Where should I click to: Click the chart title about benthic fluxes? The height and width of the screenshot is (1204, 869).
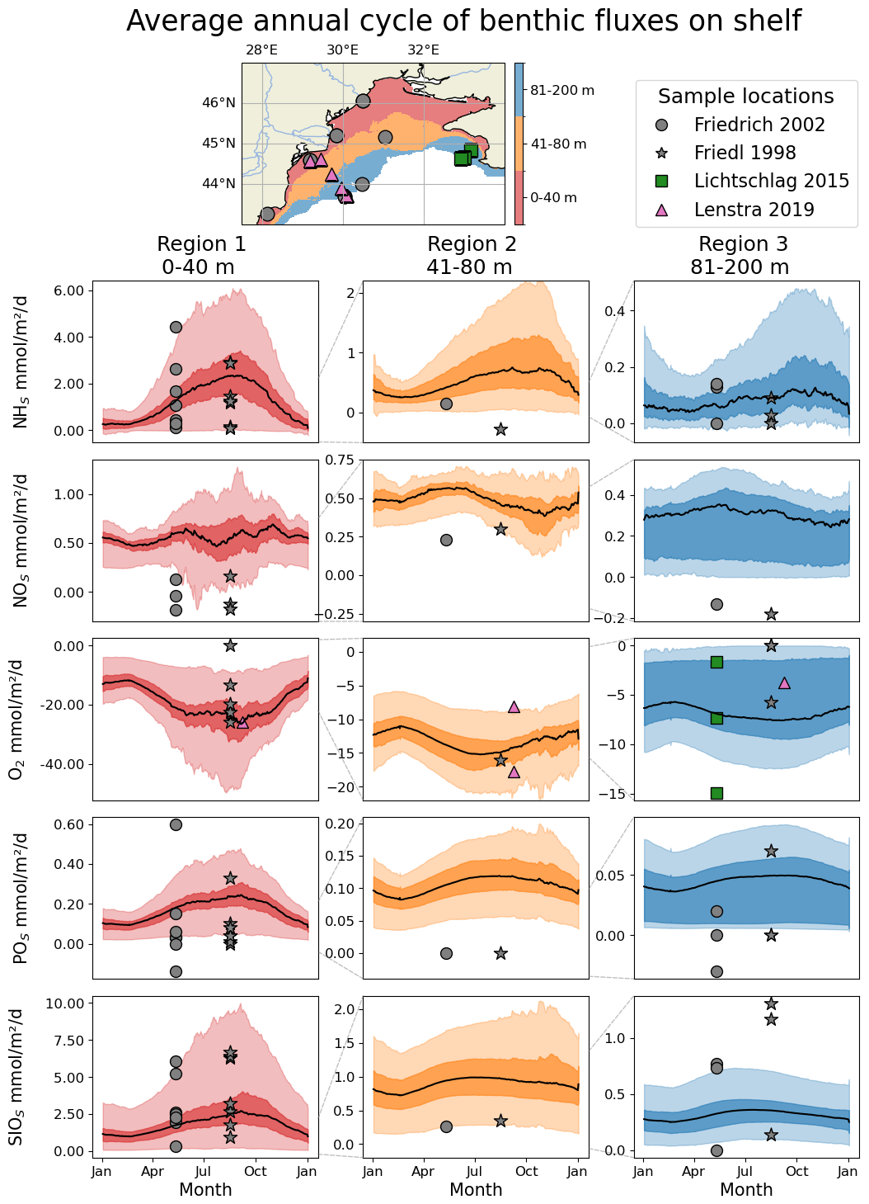(463, 21)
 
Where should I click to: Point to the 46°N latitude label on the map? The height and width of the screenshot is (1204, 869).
(219, 103)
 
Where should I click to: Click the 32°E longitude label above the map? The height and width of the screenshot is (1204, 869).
(423, 50)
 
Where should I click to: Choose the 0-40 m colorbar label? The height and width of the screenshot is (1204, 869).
(553, 198)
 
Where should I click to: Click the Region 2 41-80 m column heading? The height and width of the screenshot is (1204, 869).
(472, 256)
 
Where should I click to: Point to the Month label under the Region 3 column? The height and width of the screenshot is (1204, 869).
(746, 1190)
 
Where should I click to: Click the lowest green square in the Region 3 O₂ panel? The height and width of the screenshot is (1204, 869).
(716, 793)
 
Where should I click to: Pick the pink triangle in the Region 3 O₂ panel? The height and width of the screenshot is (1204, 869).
(784, 682)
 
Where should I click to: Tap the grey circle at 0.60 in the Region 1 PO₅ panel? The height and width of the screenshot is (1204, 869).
(176, 824)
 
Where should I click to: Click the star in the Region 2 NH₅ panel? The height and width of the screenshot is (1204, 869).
(500, 429)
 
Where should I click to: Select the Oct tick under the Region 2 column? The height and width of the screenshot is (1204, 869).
(527, 1171)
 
